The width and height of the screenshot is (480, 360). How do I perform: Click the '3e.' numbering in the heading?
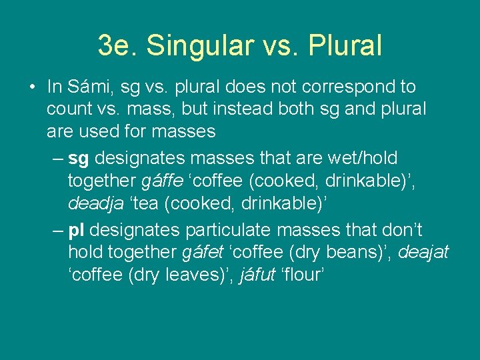click(x=117, y=45)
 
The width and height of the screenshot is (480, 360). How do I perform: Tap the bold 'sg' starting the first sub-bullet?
click(x=78, y=159)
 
